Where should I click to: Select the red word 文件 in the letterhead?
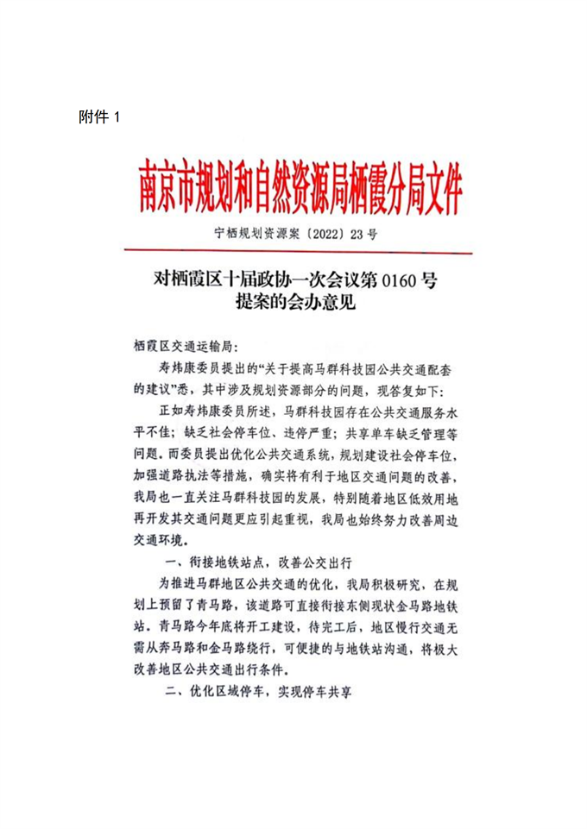[x=439, y=188]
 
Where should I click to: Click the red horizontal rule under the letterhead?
[x=298, y=253]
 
